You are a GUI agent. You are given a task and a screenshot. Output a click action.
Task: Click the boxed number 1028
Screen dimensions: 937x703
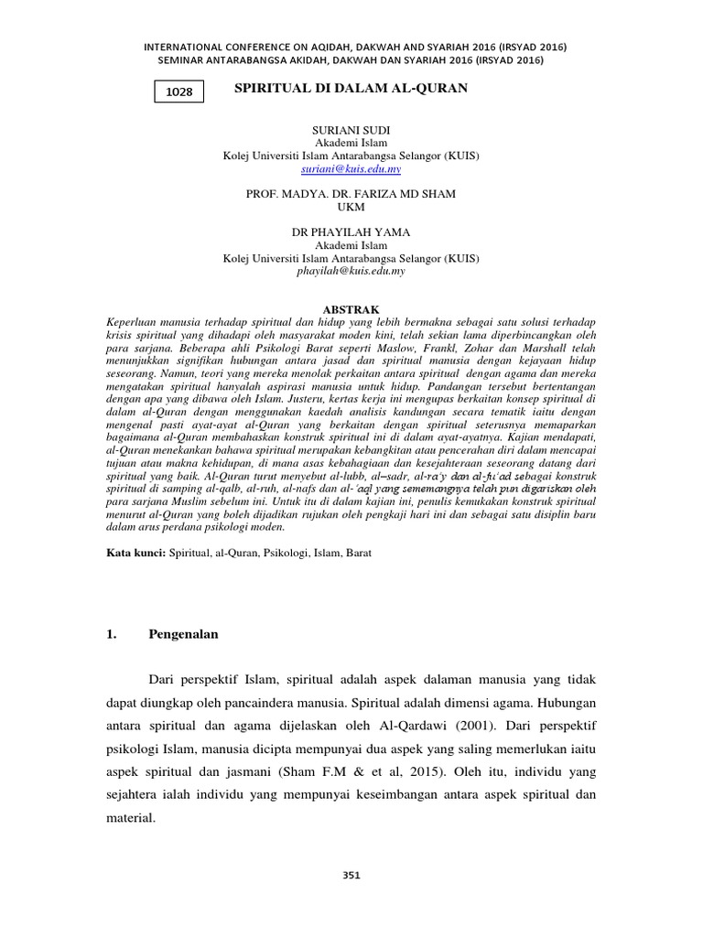(178, 92)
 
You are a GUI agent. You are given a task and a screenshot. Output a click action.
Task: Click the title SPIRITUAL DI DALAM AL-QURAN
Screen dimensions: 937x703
(351, 88)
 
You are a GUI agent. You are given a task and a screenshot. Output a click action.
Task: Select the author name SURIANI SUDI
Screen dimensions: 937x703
(351, 131)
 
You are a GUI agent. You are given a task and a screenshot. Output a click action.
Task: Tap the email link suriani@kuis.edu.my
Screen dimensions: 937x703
(351, 169)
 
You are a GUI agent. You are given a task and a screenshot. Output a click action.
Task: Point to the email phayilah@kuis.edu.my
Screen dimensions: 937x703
(351, 271)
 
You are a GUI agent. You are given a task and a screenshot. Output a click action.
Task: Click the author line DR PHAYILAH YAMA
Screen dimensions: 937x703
(351, 232)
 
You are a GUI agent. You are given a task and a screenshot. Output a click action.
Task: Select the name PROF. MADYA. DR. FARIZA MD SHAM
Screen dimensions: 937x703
(351, 194)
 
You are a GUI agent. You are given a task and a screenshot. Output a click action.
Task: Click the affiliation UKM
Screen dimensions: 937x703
(351, 207)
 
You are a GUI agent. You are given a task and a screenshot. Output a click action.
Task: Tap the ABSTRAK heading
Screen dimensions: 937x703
(351, 310)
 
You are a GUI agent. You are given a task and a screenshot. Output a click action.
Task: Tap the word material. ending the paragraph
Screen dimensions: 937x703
(127, 820)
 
